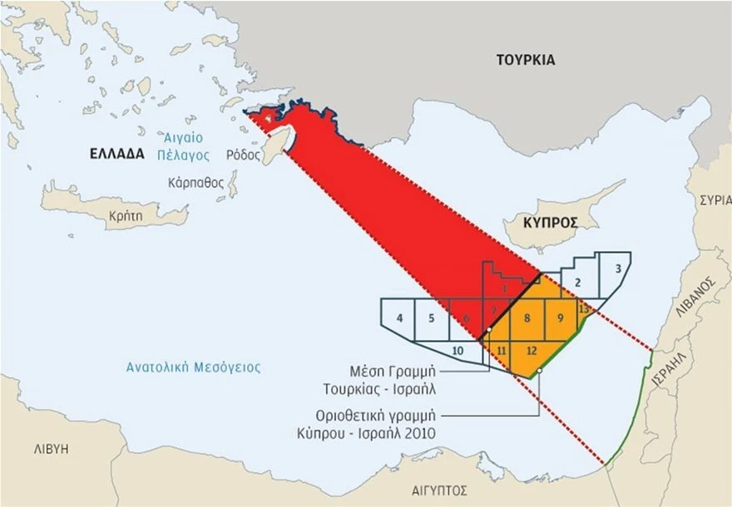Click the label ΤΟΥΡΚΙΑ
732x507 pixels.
(525, 60)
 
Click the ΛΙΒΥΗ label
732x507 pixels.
(51, 448)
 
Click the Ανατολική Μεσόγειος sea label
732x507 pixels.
(193, 367)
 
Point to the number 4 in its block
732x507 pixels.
(400, 318)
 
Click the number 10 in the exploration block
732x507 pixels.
(457, 351)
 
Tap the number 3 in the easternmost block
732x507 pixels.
(617, 269)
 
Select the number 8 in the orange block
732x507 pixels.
(527, 318)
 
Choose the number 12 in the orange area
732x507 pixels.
(532, 350)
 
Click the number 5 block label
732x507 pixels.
(431, 318)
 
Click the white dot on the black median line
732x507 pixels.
(489, 330)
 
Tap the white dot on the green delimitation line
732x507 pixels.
(541, 372)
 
